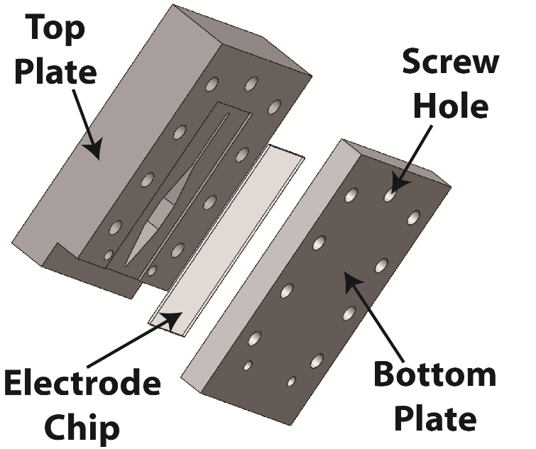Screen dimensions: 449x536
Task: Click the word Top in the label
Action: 56,28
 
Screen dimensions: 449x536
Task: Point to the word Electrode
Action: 82,386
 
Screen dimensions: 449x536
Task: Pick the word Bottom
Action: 435,375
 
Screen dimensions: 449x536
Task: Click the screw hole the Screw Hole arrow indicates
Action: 389,194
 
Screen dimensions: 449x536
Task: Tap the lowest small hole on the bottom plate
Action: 290,382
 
